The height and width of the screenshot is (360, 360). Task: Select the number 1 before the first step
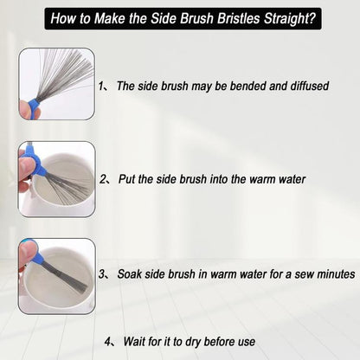(x=102, y=87)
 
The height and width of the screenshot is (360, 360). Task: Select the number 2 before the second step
(x=103, y=180)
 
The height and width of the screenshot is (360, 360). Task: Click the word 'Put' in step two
(x=125, y=180)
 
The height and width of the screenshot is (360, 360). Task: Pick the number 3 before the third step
(x=102, y=273)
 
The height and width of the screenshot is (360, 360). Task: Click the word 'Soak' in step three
(x=128, y=273)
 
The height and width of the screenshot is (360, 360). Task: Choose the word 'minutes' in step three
(x=333, y=273)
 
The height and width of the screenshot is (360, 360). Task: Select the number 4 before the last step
(x=106, y=341)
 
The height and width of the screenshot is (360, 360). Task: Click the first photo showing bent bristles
(x=57, y=84)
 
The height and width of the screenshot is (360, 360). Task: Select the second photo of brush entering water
(x=57, y=179)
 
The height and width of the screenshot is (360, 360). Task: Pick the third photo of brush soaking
(x=57, y=275)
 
